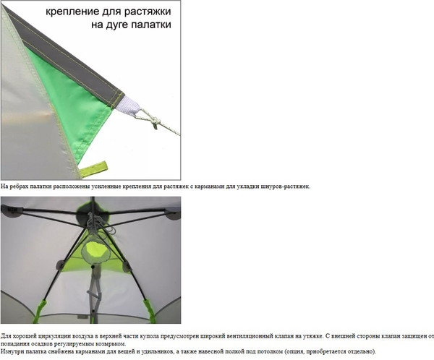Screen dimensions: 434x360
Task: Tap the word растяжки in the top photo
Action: pyautogui.click(x=148, y=12)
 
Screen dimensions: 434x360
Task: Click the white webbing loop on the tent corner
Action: pyautogui.click(x=128, y=105)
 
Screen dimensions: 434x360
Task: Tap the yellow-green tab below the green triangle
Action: pyautogui.click(x=93, y=168)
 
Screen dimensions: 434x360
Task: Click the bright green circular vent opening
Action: pyautogui.click(x=94, y=249)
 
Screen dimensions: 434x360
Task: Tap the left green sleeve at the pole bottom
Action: pyautogui.click(x=39, y=311)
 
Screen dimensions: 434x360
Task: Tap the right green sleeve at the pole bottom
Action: pyautogui.click(x=150, y=310)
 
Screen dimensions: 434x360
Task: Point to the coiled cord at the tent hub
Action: pyautogui.click(x=101, y=225)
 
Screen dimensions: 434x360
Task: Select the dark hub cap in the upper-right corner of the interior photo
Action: pyautogui.click(x=173, y=213)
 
